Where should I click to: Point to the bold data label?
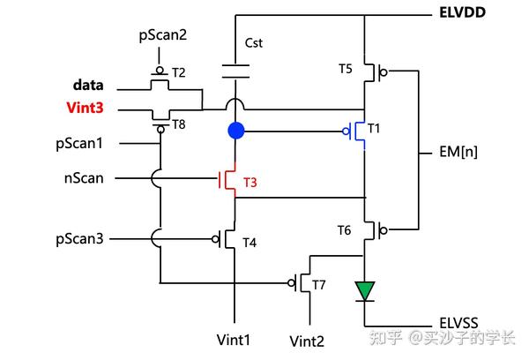click(88, 86)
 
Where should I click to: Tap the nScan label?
click(84, 178)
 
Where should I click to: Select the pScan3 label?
click(81, 238)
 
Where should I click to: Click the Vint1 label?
click(234, 339)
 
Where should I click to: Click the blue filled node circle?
click(235, 131)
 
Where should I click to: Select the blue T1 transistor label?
click(374, 129)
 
